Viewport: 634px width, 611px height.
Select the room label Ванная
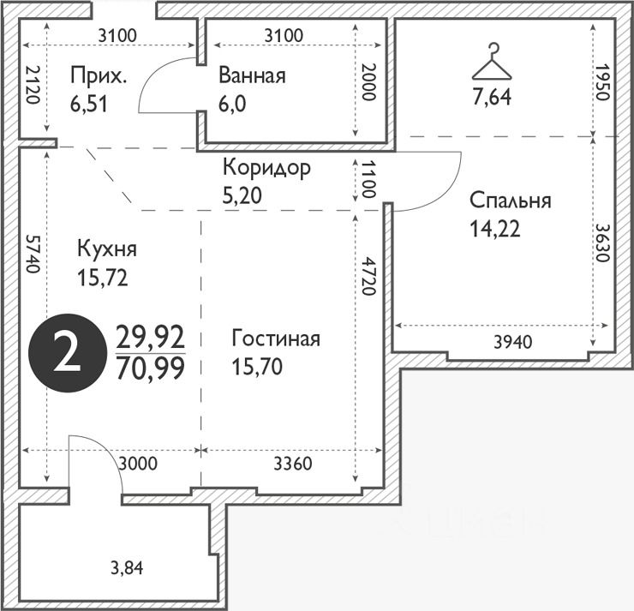pyautogui.click(x=252, y=75)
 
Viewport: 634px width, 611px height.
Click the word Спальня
pyautogui.click(x=511, y=201)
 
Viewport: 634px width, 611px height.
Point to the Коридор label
pyautogui.click(x=266, y=168)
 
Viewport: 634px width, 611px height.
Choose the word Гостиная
pyautogui.click(x=276, y=338)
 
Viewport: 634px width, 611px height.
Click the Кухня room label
pyautogui.click(x=107, y=249)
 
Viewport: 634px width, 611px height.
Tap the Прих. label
pyautogui.click(x=99, y=75)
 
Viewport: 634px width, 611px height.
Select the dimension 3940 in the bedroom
pyautogui.click(x=513, y=343)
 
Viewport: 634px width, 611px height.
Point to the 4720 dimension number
pyautogui.click(x=368, y=275)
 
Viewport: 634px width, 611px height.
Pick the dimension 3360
pyautogui.click(x=293, y=464)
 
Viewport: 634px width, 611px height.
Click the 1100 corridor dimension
pyautogui.click(x=368, y=179)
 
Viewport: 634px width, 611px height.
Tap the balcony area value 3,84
pyautogui.click(x=127, y=568)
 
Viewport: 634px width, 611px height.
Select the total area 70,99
pyautogui.click(x=151, y=368)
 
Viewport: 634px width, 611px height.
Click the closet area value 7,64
pyautogui.click(x=492, y=97)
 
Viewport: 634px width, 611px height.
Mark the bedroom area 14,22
pyautogui.click(x=495, y=230)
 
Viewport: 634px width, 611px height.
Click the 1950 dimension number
pyautogui.click(x=601, y=81)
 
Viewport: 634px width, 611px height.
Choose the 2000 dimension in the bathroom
pyautogui.click(x=368, y=81)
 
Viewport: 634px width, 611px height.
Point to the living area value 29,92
pyautogui.click(x=151, y=338)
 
